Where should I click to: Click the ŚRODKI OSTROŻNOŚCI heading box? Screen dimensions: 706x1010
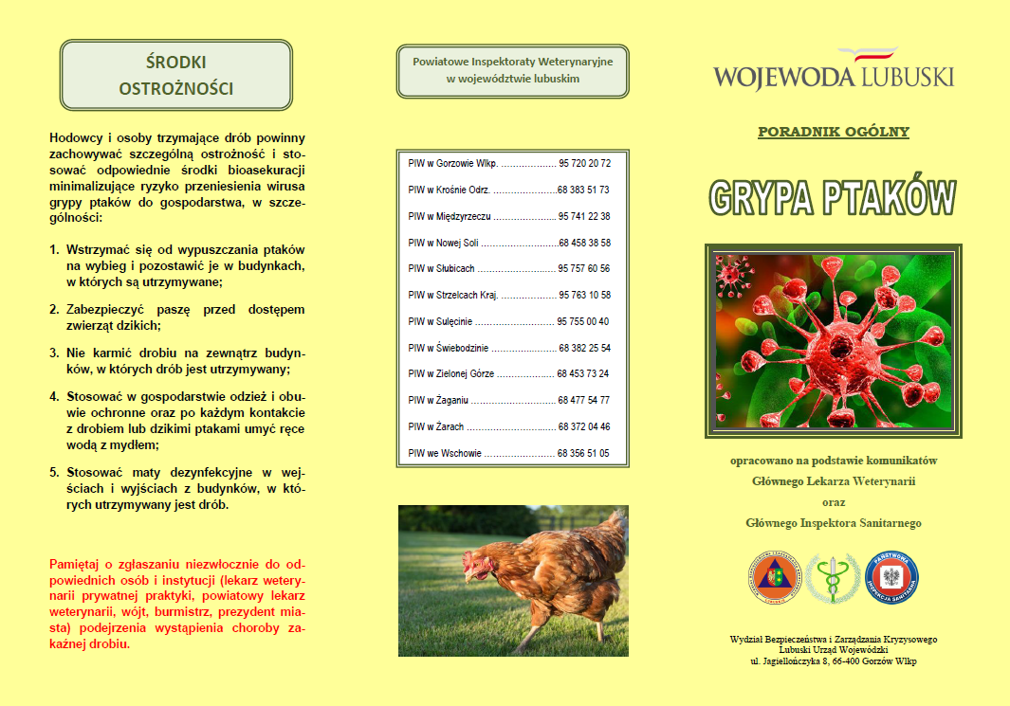(176, 76)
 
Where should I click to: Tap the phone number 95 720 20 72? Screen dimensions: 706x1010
(584, 163)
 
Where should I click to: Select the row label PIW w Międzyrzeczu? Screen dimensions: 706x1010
(450, 216)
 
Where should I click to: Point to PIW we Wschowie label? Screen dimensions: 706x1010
(445, 453)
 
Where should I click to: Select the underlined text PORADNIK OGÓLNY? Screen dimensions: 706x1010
(834, 132)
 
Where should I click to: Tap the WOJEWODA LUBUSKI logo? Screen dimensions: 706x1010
(834, 70)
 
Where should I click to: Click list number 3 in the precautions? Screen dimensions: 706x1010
(54, 353)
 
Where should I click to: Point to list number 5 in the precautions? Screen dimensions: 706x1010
(54, 471)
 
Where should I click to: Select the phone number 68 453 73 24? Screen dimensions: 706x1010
(583, 374)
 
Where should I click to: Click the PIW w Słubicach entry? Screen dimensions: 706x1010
(441, 269)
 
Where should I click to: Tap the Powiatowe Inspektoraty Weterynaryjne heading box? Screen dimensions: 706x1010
(513, 70)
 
